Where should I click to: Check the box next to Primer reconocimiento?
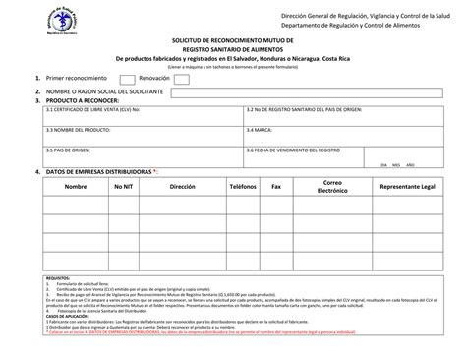coord(123,77)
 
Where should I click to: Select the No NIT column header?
coord(124,186)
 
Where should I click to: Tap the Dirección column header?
coord(183,186)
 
